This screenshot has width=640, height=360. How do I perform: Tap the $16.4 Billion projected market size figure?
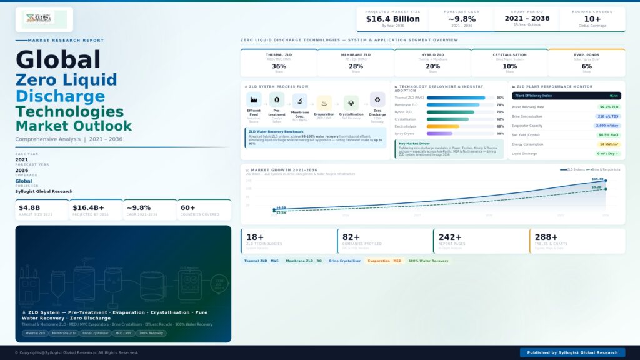(393, 19)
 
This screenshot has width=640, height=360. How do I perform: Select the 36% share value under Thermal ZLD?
(279, 66)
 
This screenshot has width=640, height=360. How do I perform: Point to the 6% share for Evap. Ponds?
(586, 66)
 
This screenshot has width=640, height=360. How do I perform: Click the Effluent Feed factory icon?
(254, 99)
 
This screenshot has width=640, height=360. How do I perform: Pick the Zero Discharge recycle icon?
(377, 99)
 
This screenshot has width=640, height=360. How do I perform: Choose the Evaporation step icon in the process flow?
(324, 102)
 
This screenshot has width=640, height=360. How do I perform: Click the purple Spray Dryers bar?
(439, 133)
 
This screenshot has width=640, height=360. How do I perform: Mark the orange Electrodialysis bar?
(442, 126)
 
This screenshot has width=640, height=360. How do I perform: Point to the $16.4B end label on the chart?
(597, 179)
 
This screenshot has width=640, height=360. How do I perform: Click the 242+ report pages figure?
(450, 237)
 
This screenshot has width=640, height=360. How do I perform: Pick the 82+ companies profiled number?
(351, 237)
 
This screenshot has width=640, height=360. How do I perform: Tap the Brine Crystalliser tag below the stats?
(344, 261)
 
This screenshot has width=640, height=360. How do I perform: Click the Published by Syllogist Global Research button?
(572, 352)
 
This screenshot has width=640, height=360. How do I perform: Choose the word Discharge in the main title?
(60, 96)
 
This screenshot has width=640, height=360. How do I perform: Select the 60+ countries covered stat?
(187, 207)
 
